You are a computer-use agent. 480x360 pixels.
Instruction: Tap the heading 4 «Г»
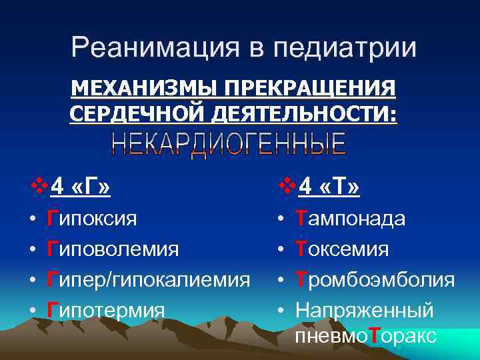point(81,188)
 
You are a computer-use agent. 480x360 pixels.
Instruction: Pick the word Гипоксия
point(92,219)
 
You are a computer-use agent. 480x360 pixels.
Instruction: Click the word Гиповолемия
point(113,249)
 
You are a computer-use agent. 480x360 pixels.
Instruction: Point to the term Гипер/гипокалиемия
point(147,279)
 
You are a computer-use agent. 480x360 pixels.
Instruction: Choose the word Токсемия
point(342,249)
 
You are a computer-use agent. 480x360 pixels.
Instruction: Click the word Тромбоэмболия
point(375,279)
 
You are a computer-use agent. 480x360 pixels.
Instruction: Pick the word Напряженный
point(365,310)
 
